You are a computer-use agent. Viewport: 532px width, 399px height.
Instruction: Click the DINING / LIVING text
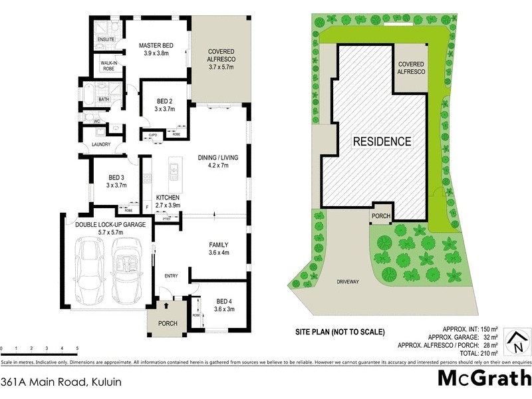[x=217, y=162]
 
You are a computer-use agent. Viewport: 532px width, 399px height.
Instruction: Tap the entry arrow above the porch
[x=166, y=305]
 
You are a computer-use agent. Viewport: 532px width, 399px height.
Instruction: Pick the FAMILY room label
[x=219, y=248]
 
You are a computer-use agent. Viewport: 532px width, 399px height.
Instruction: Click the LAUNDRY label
[x=101, y=144]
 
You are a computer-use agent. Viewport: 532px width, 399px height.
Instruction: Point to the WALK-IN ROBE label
[x=109, y=65]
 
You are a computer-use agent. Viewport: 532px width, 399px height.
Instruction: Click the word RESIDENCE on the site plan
[x=382, y=142]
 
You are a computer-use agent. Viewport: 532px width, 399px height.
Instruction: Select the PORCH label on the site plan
[x=380, y=215]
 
